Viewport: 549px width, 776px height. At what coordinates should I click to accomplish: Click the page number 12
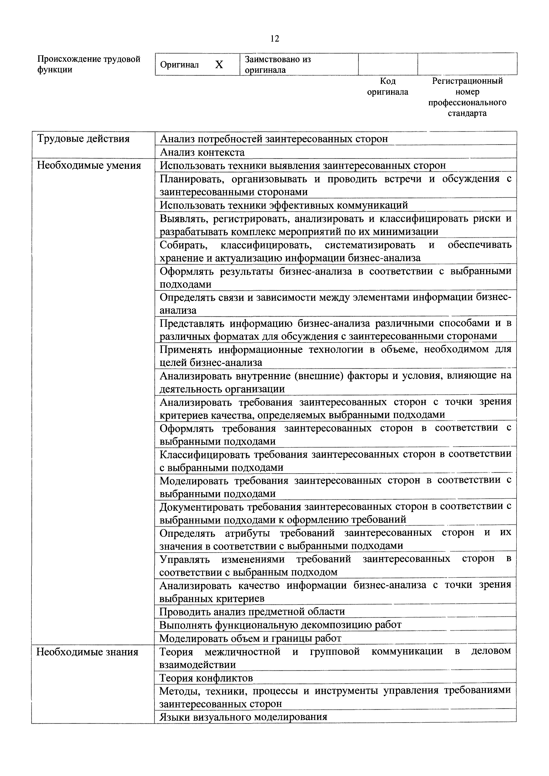275,39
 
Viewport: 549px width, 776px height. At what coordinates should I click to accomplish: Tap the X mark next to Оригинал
219,65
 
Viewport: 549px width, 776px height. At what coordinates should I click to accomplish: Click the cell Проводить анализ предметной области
252,611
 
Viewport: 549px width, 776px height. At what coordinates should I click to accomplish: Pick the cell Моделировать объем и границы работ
250,638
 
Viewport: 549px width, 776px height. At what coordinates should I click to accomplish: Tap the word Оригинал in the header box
179,65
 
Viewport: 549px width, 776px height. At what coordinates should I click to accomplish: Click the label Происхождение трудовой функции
89,64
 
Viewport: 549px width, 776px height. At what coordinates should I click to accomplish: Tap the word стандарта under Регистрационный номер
467,113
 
